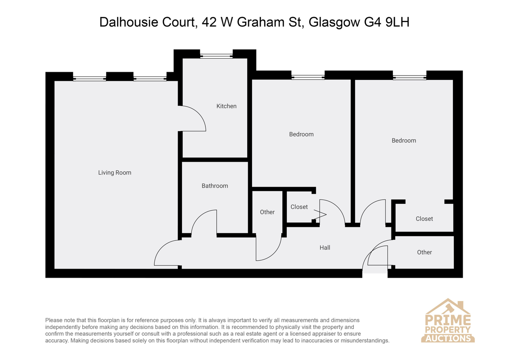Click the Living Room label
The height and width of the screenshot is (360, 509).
(115, 173)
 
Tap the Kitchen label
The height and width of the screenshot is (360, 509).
(227, 106)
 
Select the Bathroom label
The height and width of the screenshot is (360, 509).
(215, 186)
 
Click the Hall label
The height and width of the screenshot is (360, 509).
(325, 247)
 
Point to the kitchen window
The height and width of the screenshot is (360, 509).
(216, 56)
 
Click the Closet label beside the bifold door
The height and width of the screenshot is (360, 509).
(299, 207)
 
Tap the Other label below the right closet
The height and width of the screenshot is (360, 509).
(424, 252)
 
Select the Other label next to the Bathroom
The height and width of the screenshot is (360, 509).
(267, 212)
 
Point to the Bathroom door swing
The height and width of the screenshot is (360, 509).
(199, 216)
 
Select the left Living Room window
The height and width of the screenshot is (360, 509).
(89, 79)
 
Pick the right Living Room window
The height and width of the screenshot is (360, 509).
(150, 79)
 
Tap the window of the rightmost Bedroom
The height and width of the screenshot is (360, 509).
(409, 77)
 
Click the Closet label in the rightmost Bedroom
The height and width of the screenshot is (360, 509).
(424, 219)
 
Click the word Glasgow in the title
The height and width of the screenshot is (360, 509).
(334, 22)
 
